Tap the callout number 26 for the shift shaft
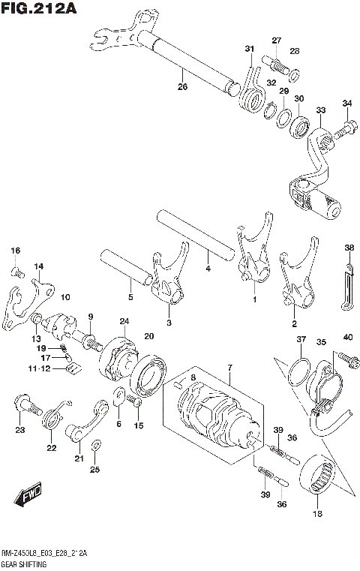[x=181, y=86]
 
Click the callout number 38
[x=349, y=248]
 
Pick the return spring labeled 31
[x=251, y=89]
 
